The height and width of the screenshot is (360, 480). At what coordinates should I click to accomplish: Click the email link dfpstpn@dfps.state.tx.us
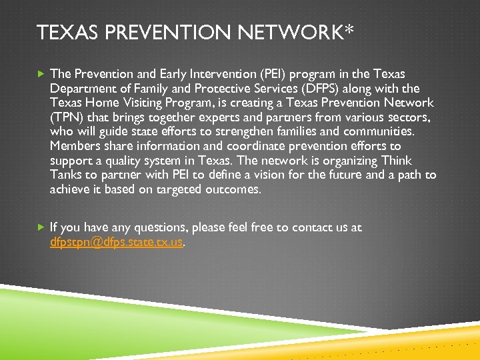tap(116, 242)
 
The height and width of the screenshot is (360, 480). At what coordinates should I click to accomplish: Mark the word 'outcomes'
tap(235, 189)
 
